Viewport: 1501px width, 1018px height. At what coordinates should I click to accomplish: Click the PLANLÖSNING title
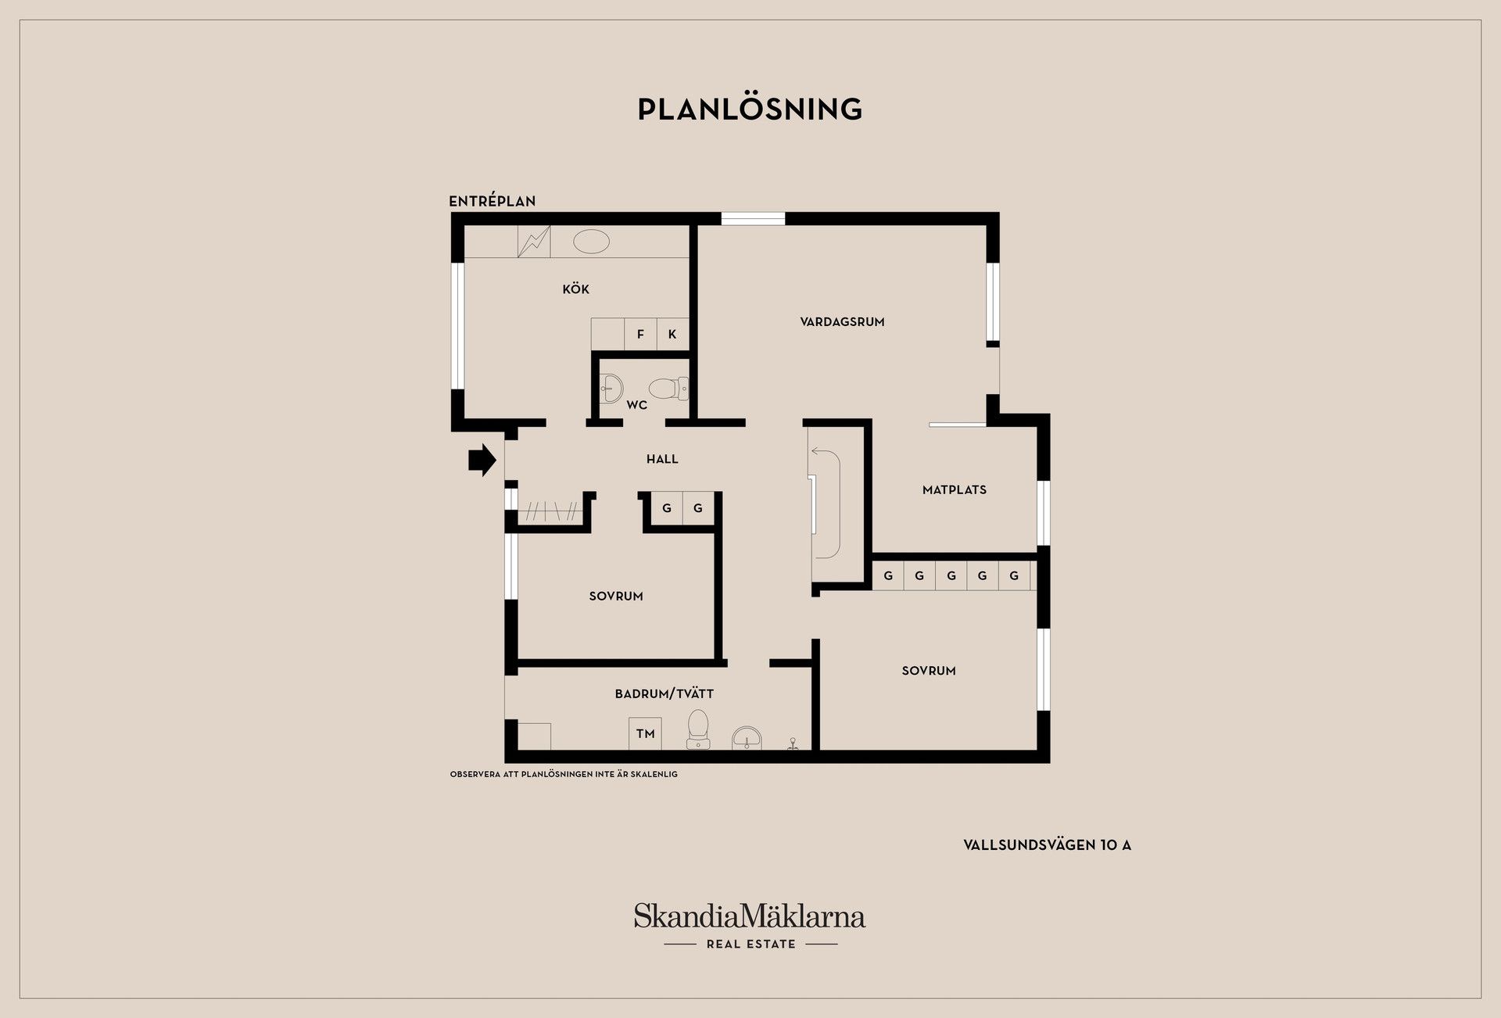click(750, 109)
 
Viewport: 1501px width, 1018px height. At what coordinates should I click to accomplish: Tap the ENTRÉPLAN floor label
click(492, 201)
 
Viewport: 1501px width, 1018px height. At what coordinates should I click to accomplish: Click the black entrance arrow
click(482, 460)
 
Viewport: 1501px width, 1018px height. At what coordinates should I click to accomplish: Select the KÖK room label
click(575, 289)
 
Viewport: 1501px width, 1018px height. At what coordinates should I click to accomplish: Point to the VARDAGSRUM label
click(842, 322)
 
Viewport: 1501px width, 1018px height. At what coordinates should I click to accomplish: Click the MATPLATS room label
click(955, 490)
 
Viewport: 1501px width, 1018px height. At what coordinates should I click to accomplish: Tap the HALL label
click(662, 459)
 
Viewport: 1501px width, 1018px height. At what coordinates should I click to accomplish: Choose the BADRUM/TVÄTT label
click(665, 694)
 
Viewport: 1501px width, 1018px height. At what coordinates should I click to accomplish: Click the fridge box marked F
click(640, 334)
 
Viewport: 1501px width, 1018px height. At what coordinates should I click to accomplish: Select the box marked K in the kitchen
click(672, 334)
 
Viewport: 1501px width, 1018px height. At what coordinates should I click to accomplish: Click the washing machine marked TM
click(645, 733)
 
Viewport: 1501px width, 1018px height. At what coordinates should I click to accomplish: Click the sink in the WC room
click(611, 387)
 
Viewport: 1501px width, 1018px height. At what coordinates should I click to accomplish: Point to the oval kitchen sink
click(591, 242)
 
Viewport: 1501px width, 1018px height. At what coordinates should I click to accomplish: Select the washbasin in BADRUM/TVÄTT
click(747, 738)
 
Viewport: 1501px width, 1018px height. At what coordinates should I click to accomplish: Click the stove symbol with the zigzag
click(534, 242)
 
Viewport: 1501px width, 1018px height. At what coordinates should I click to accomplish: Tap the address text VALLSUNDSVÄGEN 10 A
click(1047, 845)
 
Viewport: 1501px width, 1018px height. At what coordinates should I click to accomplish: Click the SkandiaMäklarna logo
click(750, 926)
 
